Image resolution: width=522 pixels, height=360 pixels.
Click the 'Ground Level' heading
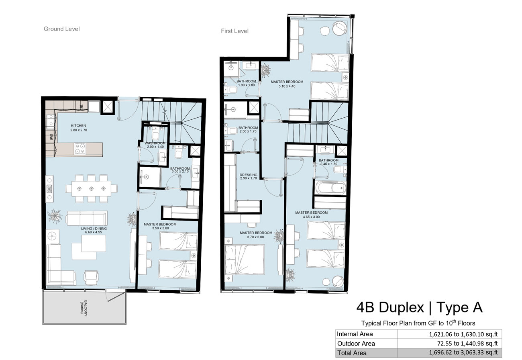click(61, 29)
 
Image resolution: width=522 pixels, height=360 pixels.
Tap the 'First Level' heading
click(234, 31)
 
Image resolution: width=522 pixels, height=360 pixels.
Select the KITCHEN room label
click(79, 126)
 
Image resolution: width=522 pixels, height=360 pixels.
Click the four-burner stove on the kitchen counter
click(80, 149)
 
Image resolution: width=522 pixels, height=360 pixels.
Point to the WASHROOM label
click(155, 143)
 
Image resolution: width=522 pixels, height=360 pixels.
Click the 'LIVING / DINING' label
click(94, 229)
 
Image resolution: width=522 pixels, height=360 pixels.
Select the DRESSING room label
click(249, 175)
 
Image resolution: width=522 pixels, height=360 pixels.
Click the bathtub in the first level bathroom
click(330, 188)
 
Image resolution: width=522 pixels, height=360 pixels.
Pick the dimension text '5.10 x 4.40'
click(287, 86)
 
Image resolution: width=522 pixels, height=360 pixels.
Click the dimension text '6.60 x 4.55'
click(94, 232)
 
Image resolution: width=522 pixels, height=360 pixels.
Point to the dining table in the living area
click(92, 188)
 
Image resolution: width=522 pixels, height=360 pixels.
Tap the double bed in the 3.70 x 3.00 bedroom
click(245, 260)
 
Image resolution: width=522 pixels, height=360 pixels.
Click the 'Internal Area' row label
click(355, 334)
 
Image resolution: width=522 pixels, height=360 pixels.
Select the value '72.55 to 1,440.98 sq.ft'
click(467, 344)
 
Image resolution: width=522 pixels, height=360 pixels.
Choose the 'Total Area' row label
click(352, 353)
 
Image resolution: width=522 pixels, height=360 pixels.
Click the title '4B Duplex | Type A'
click(420, 307)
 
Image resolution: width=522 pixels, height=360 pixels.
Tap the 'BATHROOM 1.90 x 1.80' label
click(246, 83)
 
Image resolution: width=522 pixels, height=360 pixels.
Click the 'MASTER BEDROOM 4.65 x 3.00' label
click(311, 215)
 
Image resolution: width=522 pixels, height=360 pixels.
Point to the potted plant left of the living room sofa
click(55, 216)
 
